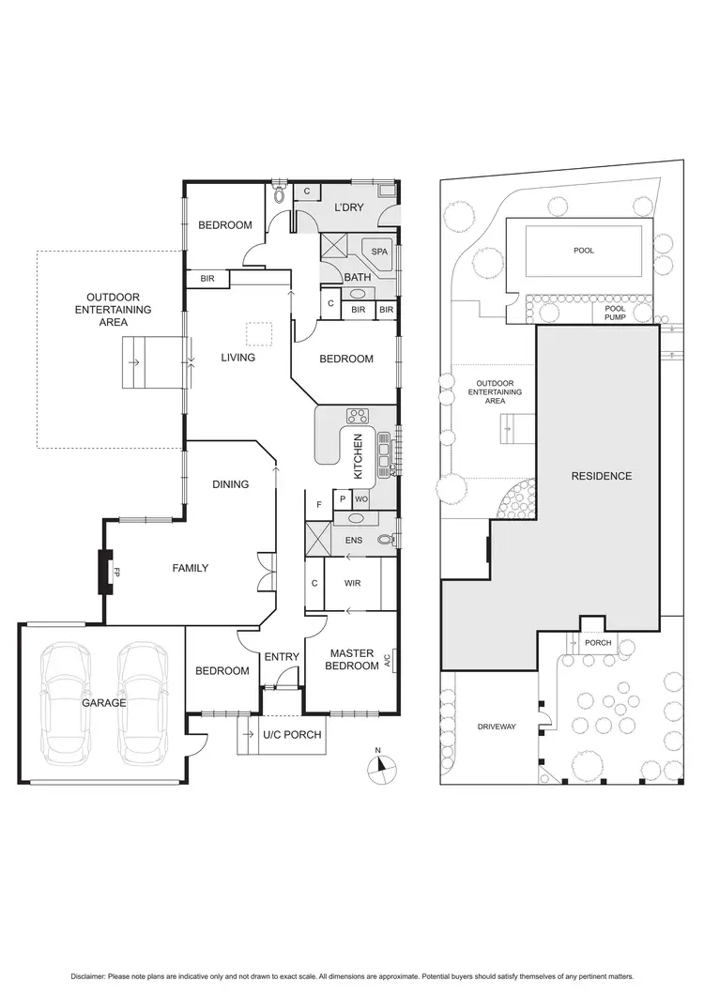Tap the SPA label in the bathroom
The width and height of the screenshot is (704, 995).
[379, 253]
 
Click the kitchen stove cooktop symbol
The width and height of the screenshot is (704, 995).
[358, 416]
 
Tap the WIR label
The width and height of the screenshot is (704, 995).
[354, 583]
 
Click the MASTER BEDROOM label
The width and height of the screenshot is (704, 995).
[349, 660]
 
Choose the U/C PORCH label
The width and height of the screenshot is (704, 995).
[293, 735]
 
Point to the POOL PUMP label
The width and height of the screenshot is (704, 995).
[615, 313]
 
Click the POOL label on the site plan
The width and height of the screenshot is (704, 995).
[584, 251]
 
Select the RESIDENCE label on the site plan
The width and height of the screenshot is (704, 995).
[602, 476]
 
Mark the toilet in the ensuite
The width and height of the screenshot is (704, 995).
[385, 541]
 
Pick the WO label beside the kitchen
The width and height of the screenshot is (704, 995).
[361, 499]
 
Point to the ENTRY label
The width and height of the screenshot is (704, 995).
[281, 656]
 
